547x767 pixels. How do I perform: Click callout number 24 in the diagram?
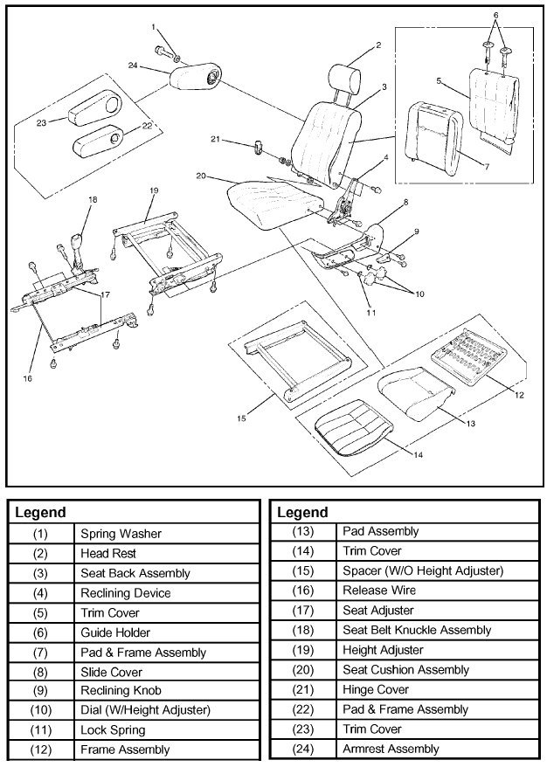point(132,66)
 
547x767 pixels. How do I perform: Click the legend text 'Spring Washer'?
point(121,533)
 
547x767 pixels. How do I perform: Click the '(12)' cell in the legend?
point(41,749)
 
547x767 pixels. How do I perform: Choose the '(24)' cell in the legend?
point(304,749)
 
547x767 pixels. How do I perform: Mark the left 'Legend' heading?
point(40,512)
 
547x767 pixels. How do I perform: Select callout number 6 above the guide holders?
point(495,16)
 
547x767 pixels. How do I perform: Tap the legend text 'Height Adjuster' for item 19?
point(383,650)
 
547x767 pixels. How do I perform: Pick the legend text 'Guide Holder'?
point(115,632)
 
